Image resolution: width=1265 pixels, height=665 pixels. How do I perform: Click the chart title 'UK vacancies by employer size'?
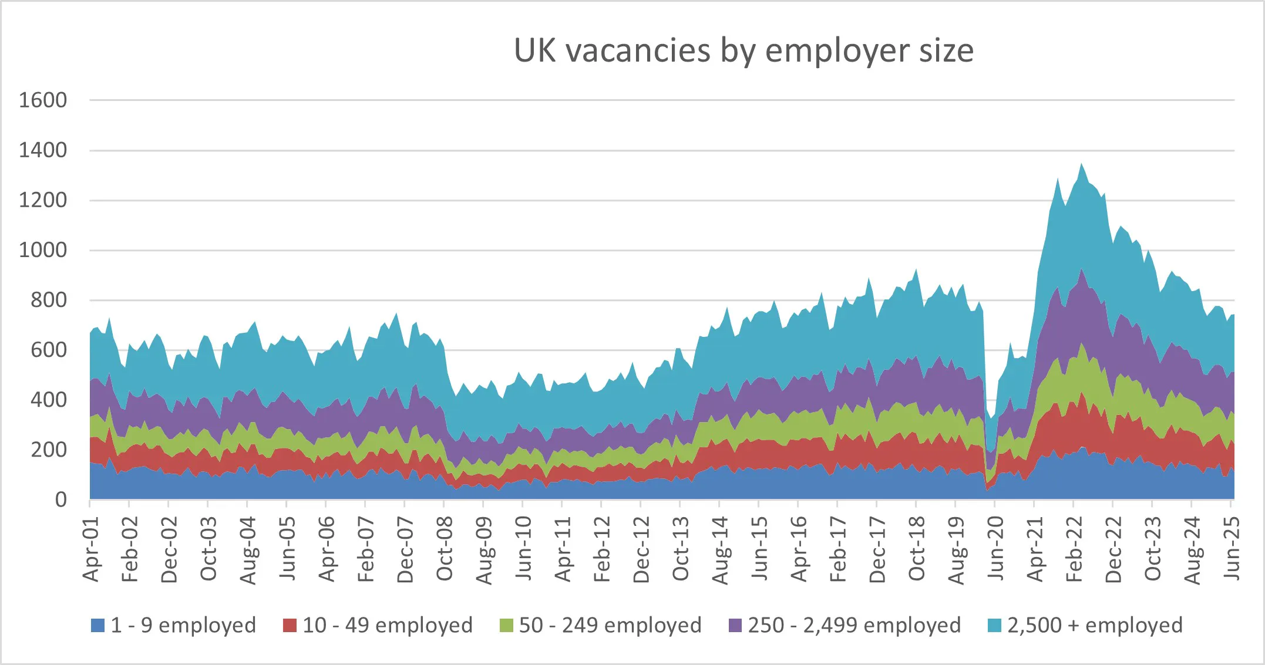coord(743,50)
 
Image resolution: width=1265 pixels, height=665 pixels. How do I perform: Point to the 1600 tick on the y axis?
coord(43,100)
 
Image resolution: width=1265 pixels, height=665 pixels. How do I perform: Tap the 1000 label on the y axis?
coord(43,251)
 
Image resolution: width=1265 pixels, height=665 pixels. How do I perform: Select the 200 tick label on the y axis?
coord(49,450)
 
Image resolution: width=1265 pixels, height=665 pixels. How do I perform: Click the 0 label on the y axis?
coord(60,500)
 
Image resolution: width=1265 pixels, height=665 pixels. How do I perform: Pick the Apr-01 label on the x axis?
coord(91,549)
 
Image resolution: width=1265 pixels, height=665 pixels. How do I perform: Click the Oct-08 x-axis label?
coord(445,549)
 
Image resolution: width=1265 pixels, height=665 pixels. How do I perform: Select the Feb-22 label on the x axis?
coord(1074,549)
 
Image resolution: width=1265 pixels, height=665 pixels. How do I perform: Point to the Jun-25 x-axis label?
coord(1232,549)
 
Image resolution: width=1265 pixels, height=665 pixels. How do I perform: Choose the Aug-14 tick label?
coord(720,551)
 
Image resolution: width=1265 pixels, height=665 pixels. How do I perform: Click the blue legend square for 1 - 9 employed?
coord(97,626)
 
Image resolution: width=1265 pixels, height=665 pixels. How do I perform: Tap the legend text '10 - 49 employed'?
coord(388,626)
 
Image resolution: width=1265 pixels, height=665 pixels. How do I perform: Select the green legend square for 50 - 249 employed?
coord(506,626)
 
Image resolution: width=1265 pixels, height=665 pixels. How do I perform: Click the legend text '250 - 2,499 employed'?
coord(854,626)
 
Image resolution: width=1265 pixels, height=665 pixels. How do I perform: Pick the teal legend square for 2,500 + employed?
coord(995,626)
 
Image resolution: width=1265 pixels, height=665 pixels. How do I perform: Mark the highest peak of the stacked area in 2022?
coord(1081,164)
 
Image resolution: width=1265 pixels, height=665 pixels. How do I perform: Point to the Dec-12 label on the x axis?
coord(641,549)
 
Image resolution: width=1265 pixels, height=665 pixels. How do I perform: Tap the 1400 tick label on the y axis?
coord(43,150)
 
